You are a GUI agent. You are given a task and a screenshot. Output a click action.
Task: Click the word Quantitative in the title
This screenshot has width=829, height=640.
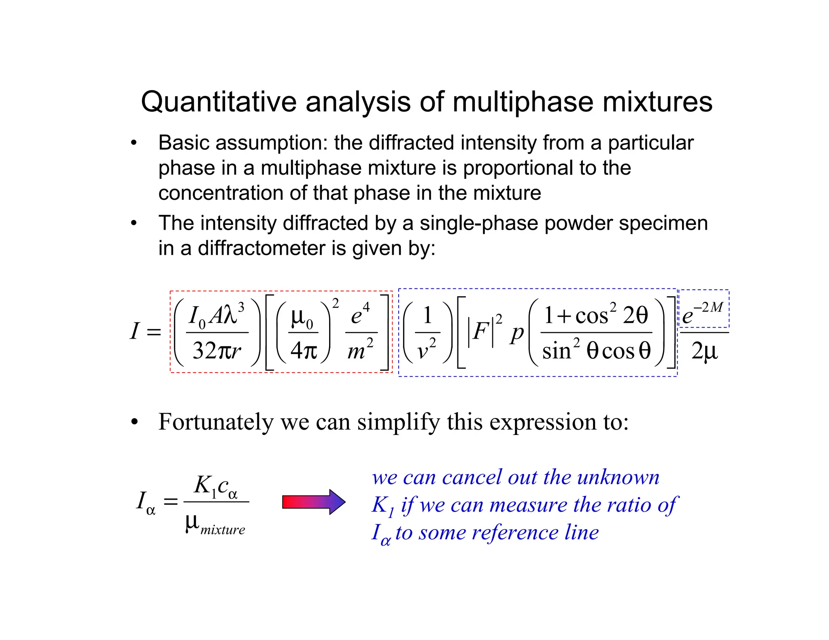(x=218, y=102)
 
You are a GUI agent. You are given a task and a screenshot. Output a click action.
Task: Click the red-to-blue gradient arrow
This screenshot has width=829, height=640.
(x=314, y=502)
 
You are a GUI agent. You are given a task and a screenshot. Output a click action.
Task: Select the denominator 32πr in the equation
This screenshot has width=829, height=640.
(x=217, y=350)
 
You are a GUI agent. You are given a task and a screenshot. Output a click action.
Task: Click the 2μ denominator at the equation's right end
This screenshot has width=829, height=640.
(x=704, y=351)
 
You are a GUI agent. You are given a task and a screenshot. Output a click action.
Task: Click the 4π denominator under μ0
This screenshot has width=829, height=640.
(x=303, y=350)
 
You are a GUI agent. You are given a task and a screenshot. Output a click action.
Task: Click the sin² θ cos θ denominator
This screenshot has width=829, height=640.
(x=596, y=350)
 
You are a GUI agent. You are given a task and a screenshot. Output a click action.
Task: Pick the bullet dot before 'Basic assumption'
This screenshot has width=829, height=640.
(x=134, y=143)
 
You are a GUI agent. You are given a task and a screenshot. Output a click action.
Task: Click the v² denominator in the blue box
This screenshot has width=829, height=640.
(x=427, y=350)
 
